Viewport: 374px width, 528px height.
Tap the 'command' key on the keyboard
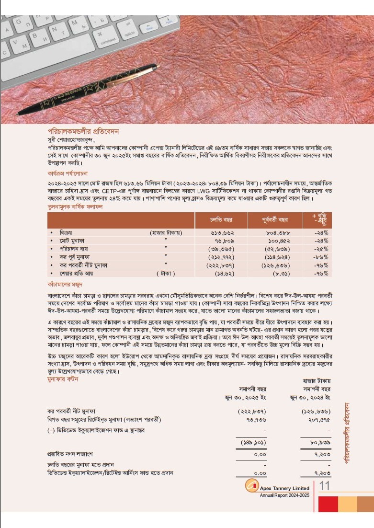(108, 40)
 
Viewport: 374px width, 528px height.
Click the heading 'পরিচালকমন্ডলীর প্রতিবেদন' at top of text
(83, 130)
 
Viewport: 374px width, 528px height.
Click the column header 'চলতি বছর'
(221, 220)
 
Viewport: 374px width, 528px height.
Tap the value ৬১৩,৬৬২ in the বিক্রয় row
(221, 232)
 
